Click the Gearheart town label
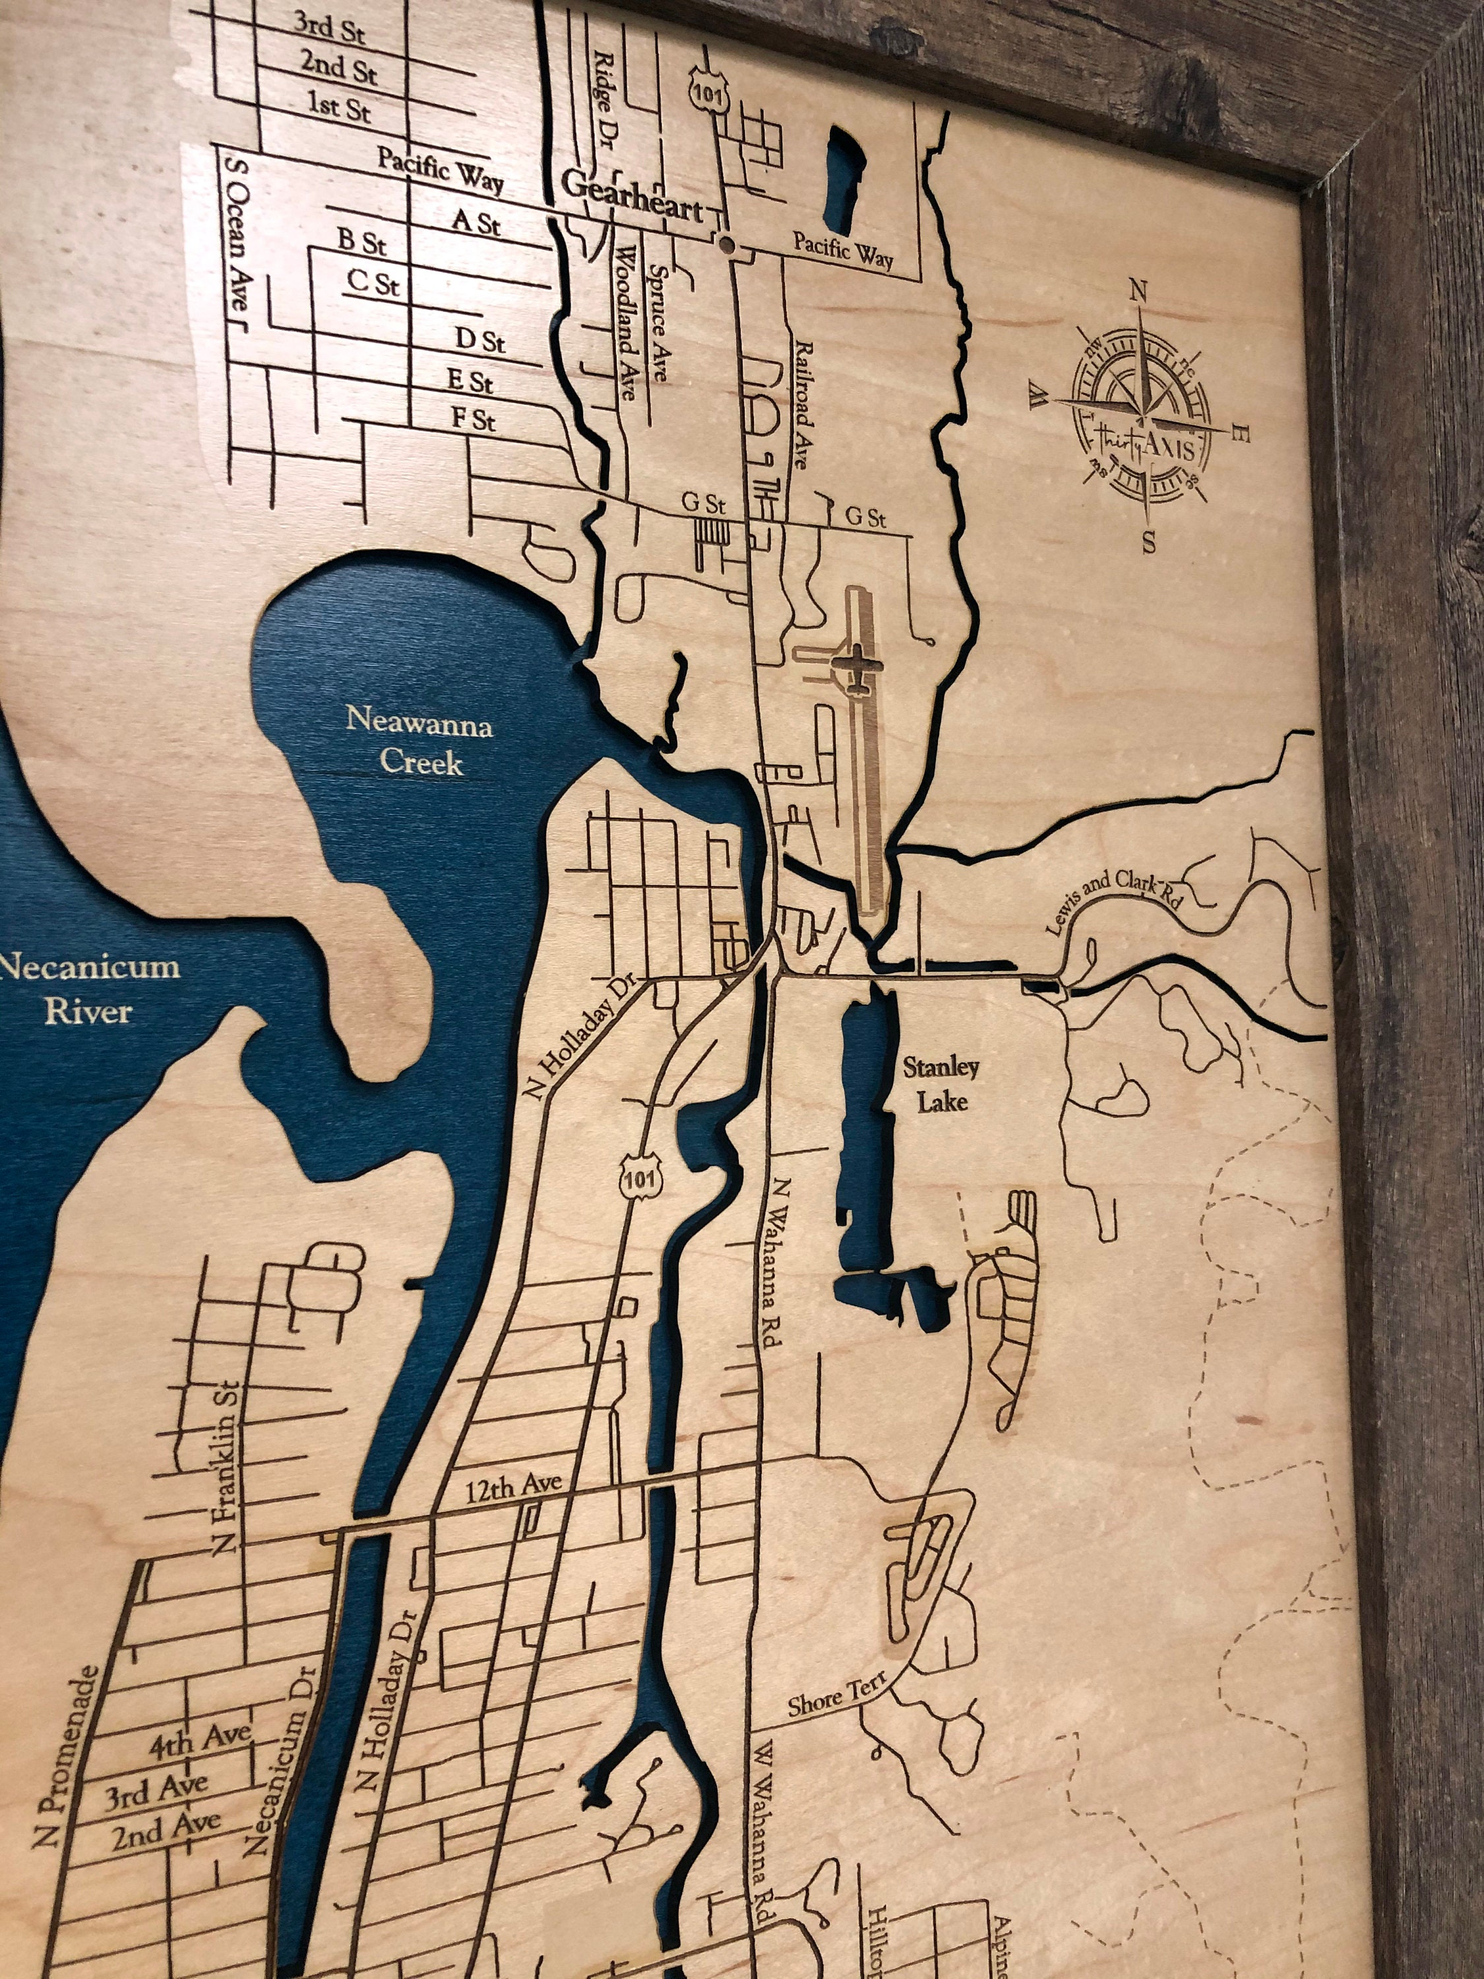(632, 196)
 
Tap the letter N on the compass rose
(1138, 291)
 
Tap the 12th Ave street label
(512, 1488)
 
